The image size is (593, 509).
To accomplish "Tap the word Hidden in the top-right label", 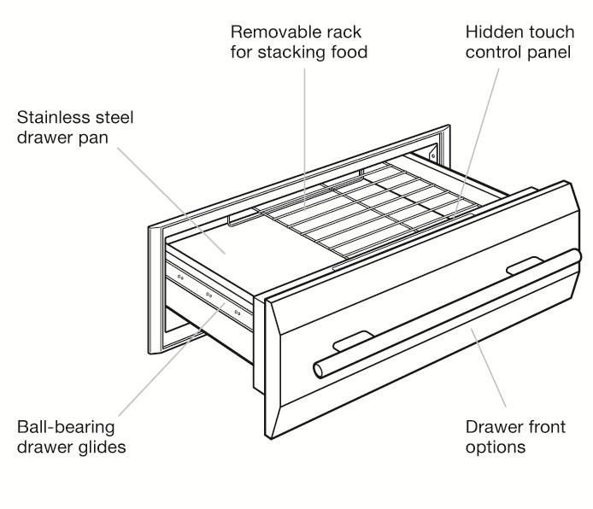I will [490, 33].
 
